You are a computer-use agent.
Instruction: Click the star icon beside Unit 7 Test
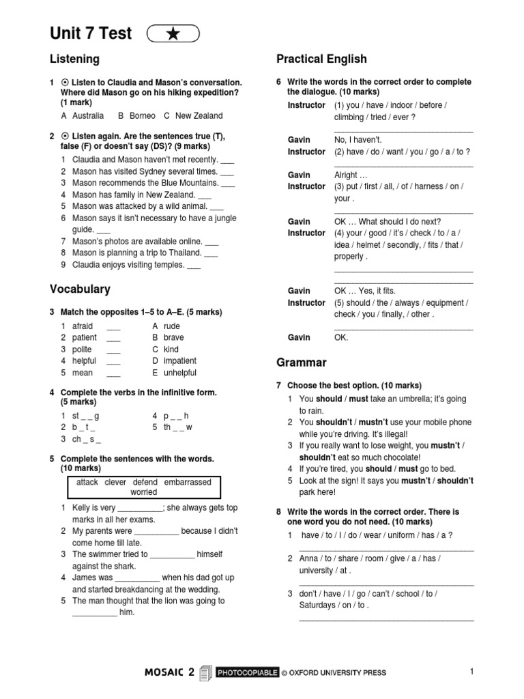[173, 33]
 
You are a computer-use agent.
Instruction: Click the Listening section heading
[74, 59]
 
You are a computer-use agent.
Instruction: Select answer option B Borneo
[137, 116]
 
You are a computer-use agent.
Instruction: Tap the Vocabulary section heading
[80, 289]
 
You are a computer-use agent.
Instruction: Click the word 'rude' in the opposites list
[172, 326]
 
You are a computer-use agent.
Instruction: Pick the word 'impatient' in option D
[180, 361]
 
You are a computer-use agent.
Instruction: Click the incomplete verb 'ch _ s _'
[87, 440]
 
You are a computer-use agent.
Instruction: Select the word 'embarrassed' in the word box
[188, 482]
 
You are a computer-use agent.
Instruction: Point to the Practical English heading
[321, 59]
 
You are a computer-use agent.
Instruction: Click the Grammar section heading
[301, 362]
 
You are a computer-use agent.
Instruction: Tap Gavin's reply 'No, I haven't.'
[358, 140]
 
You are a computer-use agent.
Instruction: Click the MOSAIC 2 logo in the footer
[170, 672]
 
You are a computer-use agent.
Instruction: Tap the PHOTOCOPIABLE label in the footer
[247, 673]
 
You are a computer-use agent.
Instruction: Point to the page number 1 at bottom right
[471, 672]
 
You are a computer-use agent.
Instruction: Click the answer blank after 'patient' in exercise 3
[113, 338]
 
